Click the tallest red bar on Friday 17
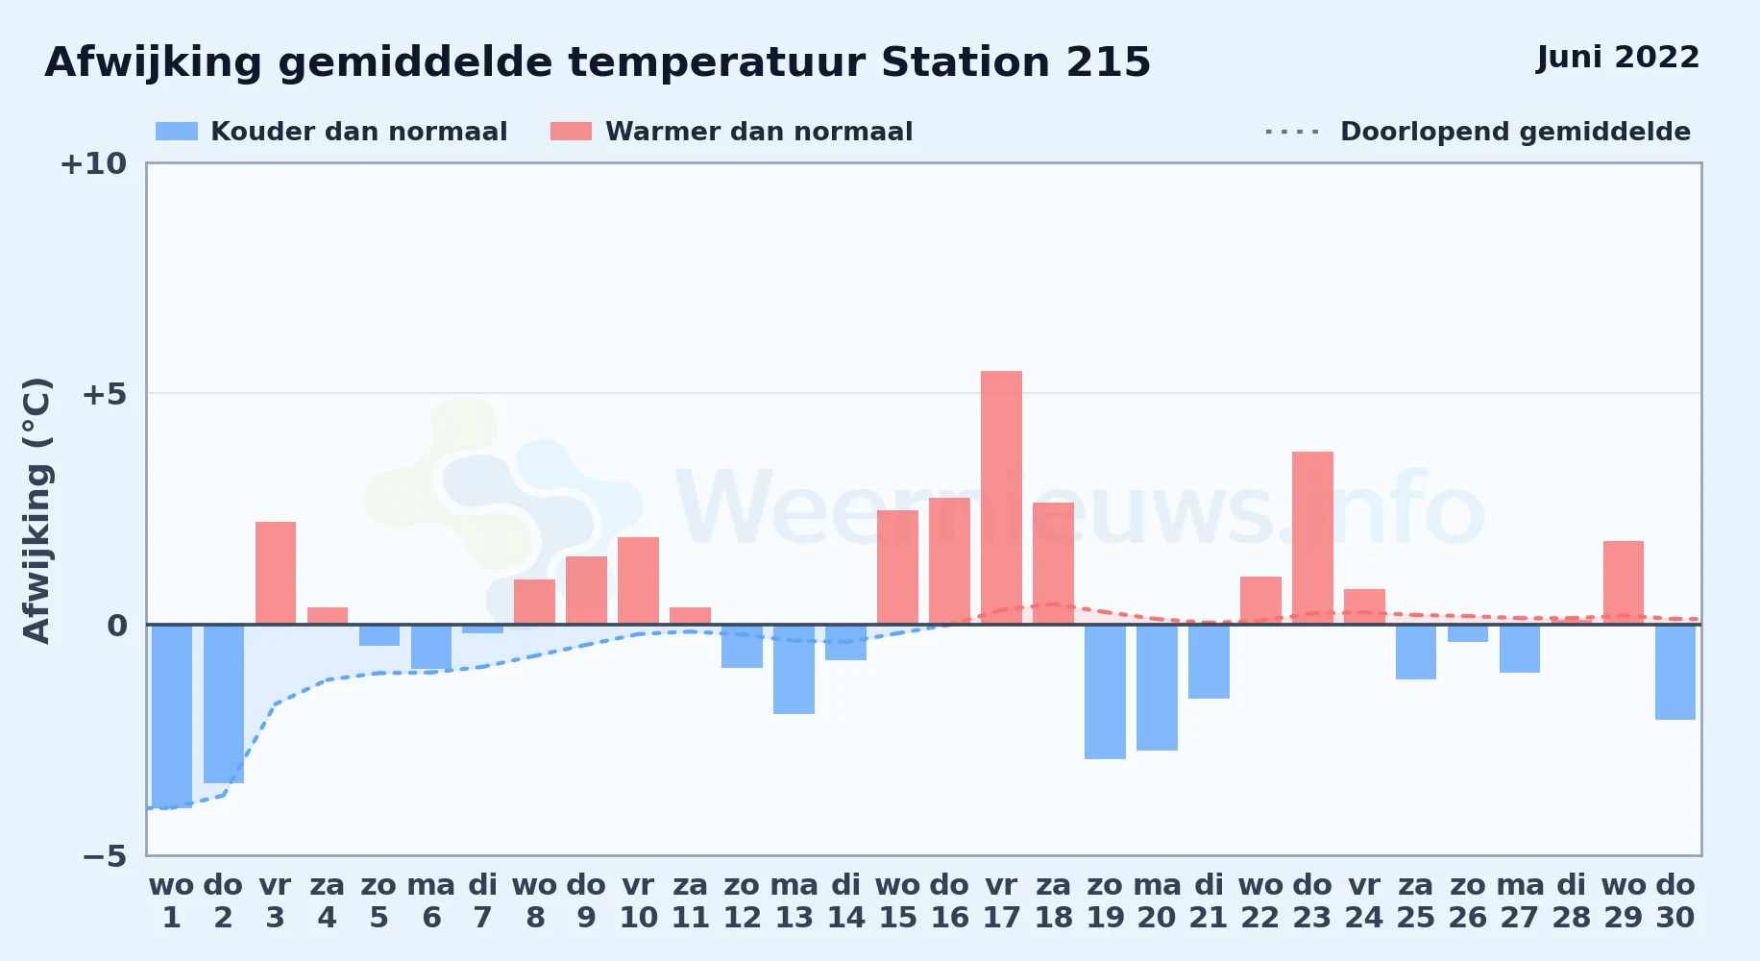point(1001,498)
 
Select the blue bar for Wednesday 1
point(172,717)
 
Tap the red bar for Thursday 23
point(1312,538)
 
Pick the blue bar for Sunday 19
point(1105,692)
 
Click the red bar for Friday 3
point(276,573)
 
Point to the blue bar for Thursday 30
point(1675,672)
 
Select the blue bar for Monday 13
point(794,669)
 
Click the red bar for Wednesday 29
point(1624,582)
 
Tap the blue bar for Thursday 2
point(224,703)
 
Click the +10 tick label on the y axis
point(93,163)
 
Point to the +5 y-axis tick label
point(104,394)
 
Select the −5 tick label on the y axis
point(104,856)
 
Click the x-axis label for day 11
point(690,901)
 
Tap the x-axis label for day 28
point(1572,901)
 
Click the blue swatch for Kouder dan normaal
point(177,132)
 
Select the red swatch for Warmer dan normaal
point(571,132)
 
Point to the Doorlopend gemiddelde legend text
point(1515,132)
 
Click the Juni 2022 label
point(1618,57)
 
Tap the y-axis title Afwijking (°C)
point(37,509)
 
